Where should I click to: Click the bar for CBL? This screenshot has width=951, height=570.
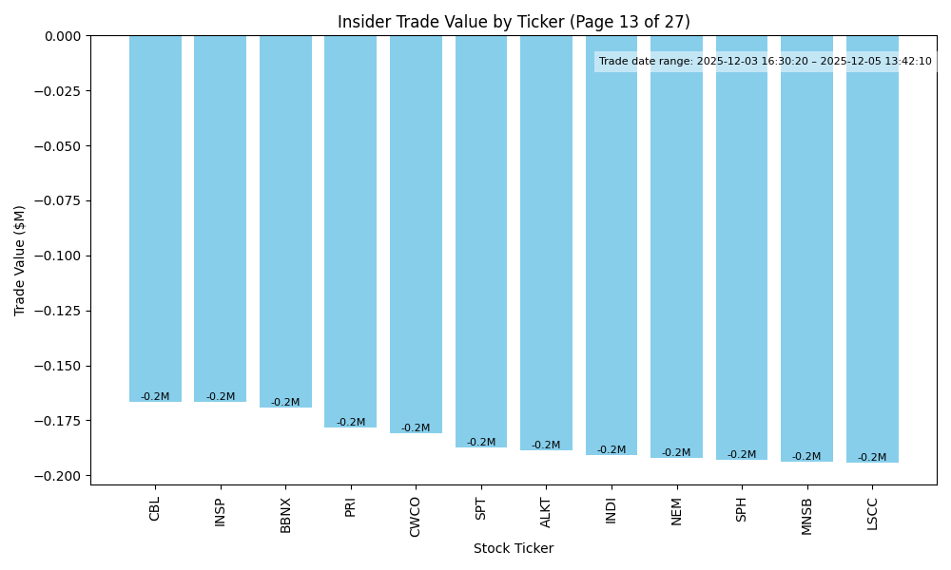point(155,218)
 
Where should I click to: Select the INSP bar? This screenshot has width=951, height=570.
point(220,218)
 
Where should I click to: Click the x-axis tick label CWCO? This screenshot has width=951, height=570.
point(416,516)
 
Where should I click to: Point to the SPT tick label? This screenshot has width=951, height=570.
point(481,508)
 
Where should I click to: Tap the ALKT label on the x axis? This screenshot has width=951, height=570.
point(546,512)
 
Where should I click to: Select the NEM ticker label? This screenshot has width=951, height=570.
point(676,510)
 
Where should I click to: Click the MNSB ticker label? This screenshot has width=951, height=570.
point(806,516)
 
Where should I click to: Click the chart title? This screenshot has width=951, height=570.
point(514,22)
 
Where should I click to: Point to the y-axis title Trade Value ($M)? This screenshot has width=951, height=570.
point(20,260)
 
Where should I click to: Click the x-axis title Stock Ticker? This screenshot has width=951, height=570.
point(514,548)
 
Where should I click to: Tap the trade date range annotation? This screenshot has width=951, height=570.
point(766,62)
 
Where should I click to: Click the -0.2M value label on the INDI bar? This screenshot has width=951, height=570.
point(611,450)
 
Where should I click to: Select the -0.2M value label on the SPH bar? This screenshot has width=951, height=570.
point(742,455)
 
